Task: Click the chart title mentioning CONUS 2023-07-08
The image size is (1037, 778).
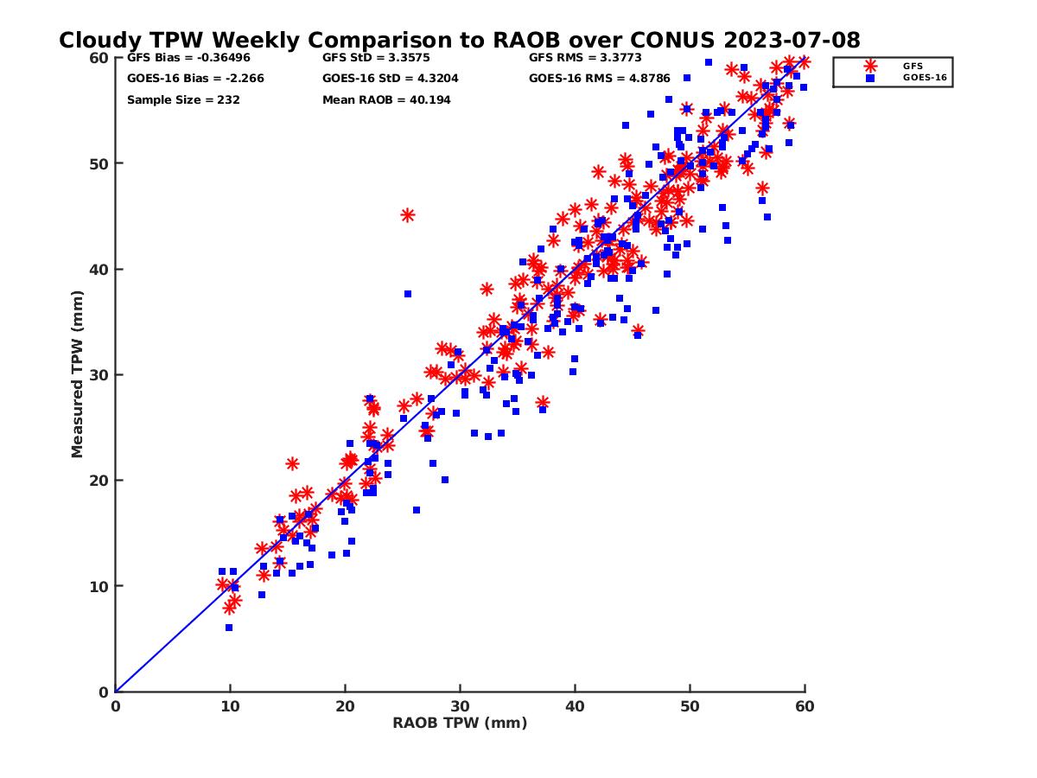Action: coord(459,41)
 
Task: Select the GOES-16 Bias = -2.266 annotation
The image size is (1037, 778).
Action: coord(195,79)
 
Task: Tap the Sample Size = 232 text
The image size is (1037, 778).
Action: coord(183,100)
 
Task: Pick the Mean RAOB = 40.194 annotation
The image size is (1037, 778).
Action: coord(386,100)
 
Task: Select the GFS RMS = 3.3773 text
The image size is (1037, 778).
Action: coord(582,59)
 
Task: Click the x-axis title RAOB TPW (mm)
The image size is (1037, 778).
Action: coord(460,724)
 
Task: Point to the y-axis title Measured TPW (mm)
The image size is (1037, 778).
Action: coord(78,374)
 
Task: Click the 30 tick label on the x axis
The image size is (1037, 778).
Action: coord(460,707)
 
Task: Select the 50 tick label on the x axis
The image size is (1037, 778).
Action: coord(690,707)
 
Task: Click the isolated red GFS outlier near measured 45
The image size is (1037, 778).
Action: coord(408,215)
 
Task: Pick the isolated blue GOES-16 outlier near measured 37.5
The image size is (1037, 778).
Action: coord(408,294)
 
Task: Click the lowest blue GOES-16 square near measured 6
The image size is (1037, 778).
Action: coord(229,628)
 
